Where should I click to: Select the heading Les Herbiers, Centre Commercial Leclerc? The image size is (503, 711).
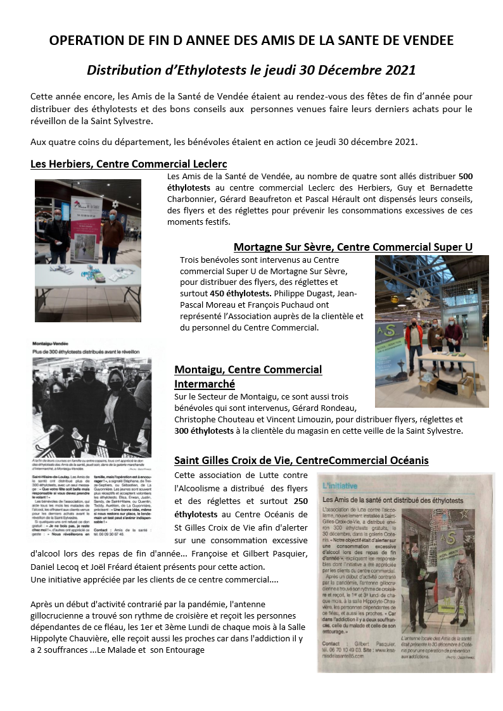click(129, 164)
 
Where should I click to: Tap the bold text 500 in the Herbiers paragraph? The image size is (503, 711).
click(465, 176)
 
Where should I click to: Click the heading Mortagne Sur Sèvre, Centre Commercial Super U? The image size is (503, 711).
click(353, 247)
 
